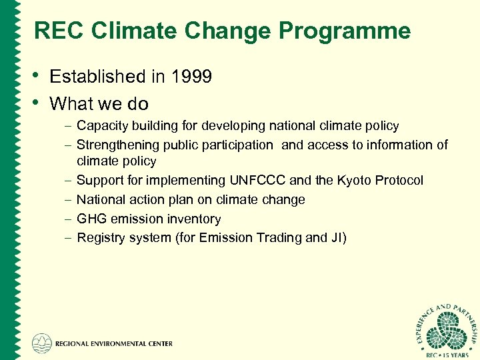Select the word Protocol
[x=398, y=181]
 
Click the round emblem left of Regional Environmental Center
[x=42, y=343]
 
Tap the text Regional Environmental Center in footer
[x=114, y=344]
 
